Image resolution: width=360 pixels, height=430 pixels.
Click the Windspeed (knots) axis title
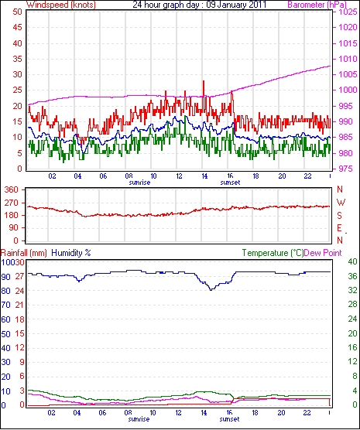click(x=61, y=5)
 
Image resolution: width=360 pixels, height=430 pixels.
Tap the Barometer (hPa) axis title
click(x=317, y=5)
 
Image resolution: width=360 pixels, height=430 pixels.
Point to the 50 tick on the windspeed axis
click(x=17, y=12)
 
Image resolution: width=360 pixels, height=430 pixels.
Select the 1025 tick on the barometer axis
click(x=348, y=12)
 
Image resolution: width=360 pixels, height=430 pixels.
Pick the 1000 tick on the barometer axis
click(x=348, y=90)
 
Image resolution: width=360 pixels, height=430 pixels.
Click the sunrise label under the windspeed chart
click(x=139, y=183)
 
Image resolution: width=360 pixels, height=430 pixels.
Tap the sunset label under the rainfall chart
click(x=230, y=419)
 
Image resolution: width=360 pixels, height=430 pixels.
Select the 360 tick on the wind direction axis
click(x=12, y=189)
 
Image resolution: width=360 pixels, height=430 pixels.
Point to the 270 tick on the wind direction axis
click(x=12, y=203)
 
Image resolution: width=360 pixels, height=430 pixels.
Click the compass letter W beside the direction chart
click(x=341, y=203)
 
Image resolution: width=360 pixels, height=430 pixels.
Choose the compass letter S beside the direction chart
click(x=340, y=216)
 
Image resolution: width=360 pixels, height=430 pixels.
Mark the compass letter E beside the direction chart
click(x=340, y=228)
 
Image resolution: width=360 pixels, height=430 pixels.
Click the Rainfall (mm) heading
click(x=24, y=253)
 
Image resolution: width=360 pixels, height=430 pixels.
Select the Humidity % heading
click(x=71, y=253)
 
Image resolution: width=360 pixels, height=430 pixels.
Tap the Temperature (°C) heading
click(x=273, y=253)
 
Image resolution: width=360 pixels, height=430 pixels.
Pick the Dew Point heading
click(x=323, y=253)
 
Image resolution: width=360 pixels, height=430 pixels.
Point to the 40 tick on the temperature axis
click(x=352, y=262)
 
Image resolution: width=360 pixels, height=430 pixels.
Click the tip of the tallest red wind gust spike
click(x=204, y=81)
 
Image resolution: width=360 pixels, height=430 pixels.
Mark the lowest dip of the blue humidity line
click(x=211, y=290)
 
